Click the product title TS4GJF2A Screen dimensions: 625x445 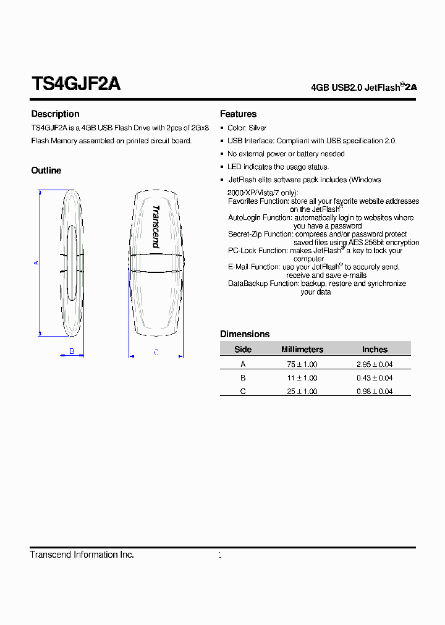(75, 84)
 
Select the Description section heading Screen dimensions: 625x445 (55, 114)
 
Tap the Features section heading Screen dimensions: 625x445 (238, 114)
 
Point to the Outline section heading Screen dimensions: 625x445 (46, 170)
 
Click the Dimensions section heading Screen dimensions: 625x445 (245, 334)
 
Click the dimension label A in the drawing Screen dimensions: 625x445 (36, 263)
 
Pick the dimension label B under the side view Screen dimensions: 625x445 (72, 351)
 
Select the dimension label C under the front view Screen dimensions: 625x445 (156, 352)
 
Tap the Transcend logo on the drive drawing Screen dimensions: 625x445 (156, 227)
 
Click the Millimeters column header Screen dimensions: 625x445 (302, 350)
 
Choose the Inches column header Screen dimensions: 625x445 (375, 350)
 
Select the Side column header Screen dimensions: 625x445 (243, 350)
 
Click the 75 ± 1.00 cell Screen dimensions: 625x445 (302, 364)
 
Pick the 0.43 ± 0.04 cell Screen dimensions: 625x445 (375, 378)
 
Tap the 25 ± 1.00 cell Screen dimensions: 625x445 (302, 392)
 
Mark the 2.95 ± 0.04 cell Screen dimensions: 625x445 (375, 364)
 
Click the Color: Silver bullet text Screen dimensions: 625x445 (247, 128)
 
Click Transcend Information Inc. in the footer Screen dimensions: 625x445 (82, 555)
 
